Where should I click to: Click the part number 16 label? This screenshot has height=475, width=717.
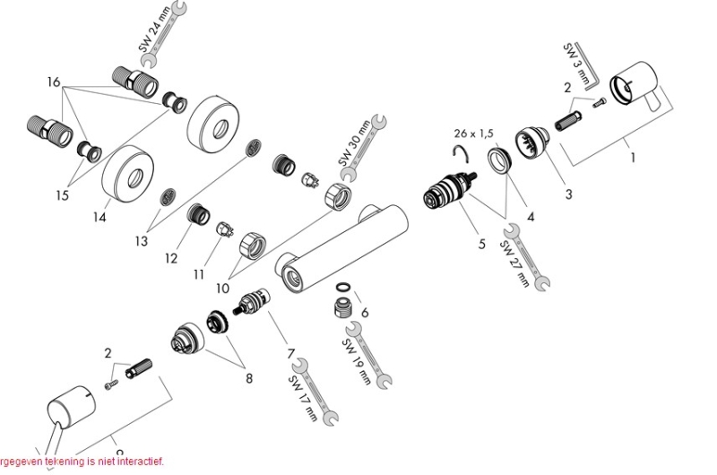[x=55, y=82]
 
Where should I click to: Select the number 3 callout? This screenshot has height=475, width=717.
[x=568, y=194]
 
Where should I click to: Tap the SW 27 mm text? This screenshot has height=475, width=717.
[x=515, y=263]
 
